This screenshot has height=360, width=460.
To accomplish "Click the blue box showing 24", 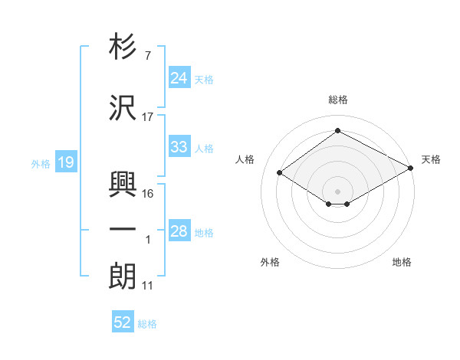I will pos(179,77).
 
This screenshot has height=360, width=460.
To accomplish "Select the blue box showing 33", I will pos(179,147).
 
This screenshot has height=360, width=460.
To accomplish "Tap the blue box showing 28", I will pos(179,231).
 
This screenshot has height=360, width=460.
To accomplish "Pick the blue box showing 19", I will pos(65,162).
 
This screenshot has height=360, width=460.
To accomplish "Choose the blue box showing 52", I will pos(123,322).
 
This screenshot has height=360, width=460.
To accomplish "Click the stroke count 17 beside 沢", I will pos(148,117).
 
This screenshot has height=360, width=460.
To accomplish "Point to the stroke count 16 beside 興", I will pos(148,194).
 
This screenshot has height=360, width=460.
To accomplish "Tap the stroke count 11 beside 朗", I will pos(148,286).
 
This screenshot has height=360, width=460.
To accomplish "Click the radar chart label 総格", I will pos(337,100).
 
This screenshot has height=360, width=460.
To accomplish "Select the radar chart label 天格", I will pos(431,159).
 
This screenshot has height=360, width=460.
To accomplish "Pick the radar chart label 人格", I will pos(245,159).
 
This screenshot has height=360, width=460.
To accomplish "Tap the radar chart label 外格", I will pos(270,262).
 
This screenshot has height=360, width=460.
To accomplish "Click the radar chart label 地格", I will pos(402,262).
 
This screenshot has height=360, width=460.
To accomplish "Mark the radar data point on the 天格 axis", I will pos(412,168).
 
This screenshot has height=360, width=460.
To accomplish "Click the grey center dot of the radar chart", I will pos(337,191).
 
